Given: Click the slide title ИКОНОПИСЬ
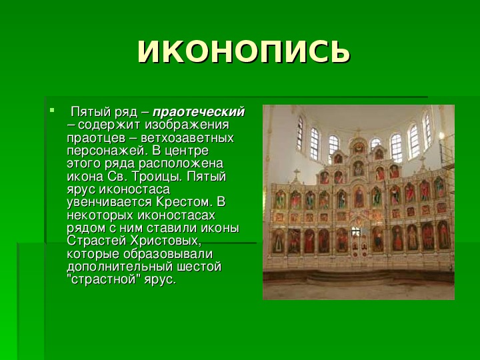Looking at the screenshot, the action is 244,51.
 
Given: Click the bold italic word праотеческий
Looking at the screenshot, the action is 199,112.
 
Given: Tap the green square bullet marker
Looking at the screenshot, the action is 52,109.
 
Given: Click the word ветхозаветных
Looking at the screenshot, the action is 187,138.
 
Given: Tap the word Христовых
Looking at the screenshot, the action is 166,241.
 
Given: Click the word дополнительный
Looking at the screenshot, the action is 120,267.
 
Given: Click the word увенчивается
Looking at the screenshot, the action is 109,203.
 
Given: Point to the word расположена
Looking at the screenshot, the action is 181,164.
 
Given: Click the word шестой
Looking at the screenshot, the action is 199,267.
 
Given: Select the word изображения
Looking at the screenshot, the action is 187,125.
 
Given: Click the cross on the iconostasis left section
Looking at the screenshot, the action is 296,175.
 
